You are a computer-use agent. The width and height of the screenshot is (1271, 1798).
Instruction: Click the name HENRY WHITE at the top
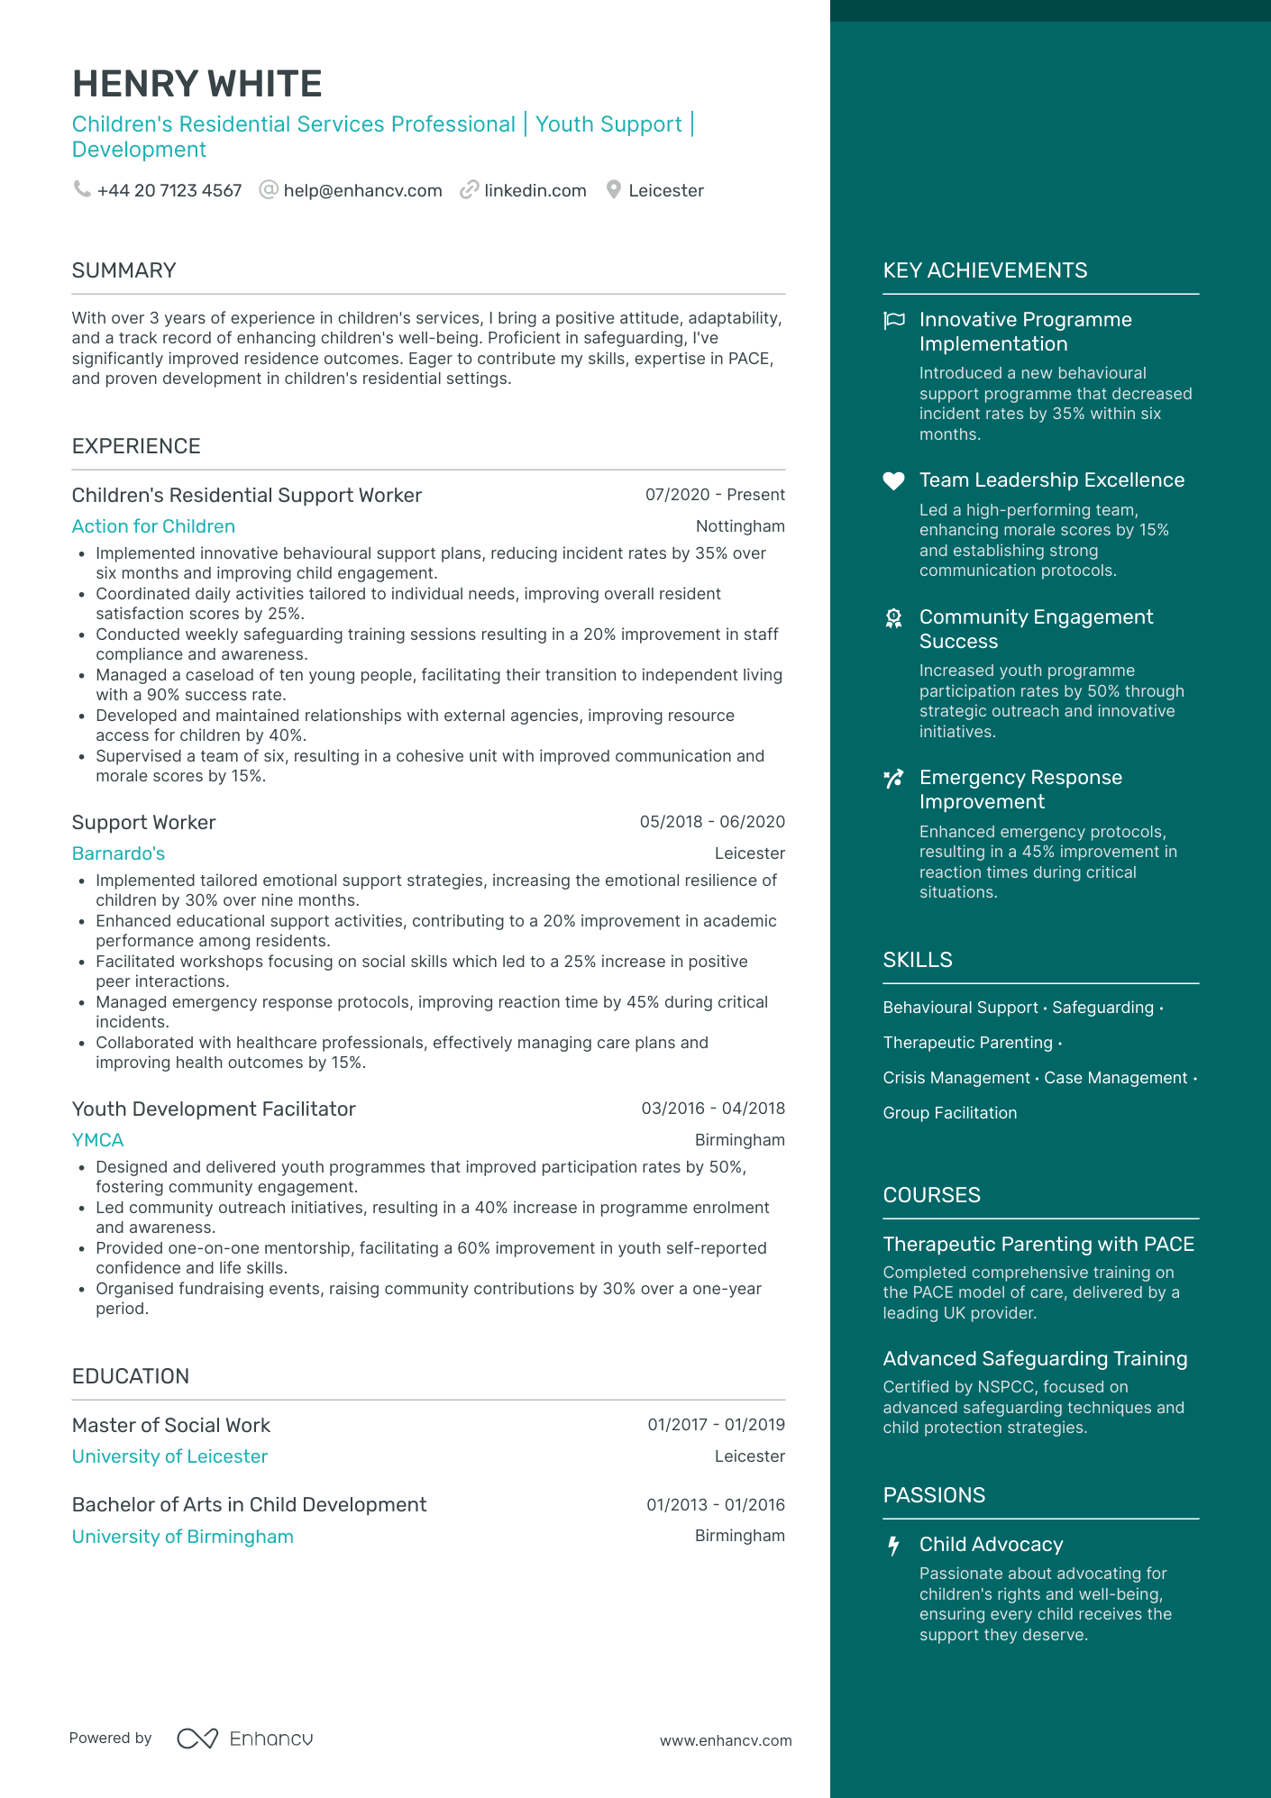pos(197,84)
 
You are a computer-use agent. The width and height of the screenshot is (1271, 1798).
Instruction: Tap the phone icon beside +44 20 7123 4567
pos(82,189)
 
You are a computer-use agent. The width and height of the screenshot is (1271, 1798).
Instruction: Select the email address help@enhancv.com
pos(362,191)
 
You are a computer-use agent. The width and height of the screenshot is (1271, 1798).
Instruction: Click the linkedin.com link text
pos(535,191)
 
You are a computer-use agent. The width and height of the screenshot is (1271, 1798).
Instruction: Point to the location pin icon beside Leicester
pos(614,190)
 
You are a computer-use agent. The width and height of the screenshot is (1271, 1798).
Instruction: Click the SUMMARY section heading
pos(123,270)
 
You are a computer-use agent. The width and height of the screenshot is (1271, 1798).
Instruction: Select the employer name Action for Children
pos(153,526)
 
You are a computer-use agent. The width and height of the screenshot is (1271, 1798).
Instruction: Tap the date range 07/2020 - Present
pos(715,495)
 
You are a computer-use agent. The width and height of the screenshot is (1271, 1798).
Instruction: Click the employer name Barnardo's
pos(118,853)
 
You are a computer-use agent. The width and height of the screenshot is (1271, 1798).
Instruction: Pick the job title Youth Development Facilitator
pos(214,1109)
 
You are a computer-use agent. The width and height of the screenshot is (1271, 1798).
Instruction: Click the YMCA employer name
pos(97,1140)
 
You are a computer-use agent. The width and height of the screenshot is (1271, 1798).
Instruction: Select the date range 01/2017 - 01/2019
pos(716,1425)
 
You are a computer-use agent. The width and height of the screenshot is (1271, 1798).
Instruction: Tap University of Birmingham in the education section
pos(182,1537)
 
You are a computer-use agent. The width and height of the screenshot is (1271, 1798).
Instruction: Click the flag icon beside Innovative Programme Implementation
pos(893,320)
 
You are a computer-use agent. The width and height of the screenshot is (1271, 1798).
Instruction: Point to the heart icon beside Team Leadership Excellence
pos(893,481)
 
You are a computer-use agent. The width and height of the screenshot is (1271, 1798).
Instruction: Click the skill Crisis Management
pos(956,1078)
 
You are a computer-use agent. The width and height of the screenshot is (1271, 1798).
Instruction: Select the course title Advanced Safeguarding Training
pos(1035,1359)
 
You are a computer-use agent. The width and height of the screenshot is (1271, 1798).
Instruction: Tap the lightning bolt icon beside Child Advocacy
pos(893,1546)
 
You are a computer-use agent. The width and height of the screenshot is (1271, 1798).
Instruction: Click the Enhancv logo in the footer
pos(245,1739)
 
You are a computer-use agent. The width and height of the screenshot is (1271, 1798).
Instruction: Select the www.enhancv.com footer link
pos(726,1740)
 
